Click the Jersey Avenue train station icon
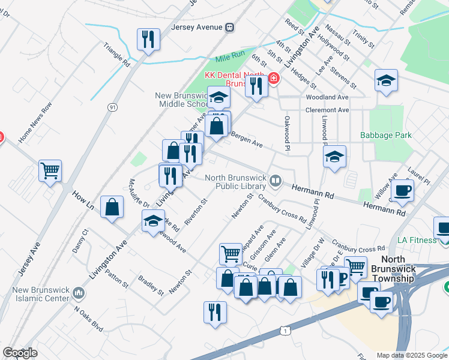tap(229, 27)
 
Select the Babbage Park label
tap(386, 136)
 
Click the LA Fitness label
tap(417, 241)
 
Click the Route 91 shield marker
tap(112, 107)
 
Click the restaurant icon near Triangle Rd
tap(147, 40)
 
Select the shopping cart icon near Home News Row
tap(50, 171)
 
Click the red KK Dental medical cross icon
tap(274, 79)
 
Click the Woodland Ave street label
tap(327, 97)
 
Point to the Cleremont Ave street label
tap(327, 110)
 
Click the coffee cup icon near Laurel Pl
tap(401, 191)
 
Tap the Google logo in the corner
tap(20, 353)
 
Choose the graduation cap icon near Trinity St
tap(386, 80)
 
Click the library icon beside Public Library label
tap(275, 180)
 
